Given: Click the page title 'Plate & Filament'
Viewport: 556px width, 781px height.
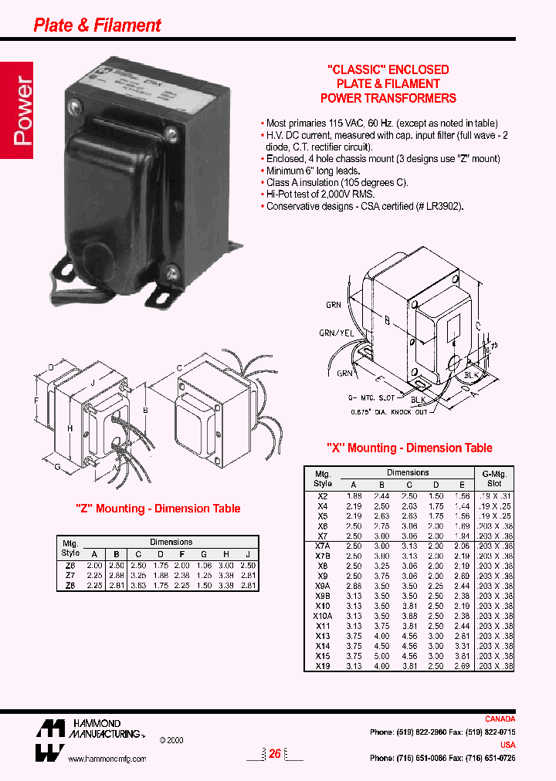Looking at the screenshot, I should [x=97, y=25].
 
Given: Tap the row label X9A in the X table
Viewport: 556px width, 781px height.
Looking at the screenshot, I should [x=323, y=586].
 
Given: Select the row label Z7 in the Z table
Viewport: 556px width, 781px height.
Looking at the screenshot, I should [x=70, y=575].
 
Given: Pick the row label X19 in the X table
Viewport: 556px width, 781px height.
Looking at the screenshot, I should [x=323, y=666].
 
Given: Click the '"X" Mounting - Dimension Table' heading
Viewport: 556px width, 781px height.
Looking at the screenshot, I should [x=409, y=448].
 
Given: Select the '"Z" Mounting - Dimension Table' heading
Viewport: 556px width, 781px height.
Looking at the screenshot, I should [x=158, y=509].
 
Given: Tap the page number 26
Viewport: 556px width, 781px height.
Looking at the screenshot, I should [x=274, y=754].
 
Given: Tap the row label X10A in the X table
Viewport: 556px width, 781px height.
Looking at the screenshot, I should [x=323, y=616].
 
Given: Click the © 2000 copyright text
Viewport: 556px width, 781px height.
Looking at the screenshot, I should [x=173, y=739].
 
